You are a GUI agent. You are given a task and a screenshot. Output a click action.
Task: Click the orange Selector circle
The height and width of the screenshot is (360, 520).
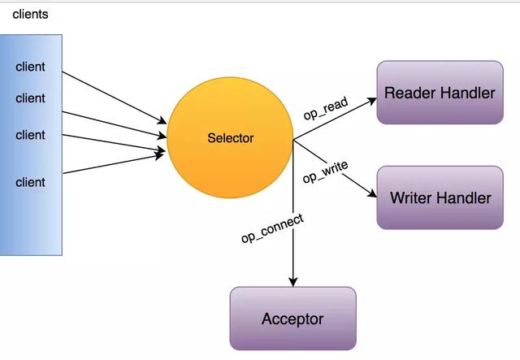pyautogui.click(x=230, y=138)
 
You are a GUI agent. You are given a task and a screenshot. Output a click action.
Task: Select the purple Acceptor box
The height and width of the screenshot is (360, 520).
pyautogui.click(x=292, y=319)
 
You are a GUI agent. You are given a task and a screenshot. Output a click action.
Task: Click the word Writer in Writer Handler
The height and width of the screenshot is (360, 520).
pyautogui.click(x=413, y=197)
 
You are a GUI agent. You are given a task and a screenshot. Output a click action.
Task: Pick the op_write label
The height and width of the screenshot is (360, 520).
pyautogui.click(x=325, y=171)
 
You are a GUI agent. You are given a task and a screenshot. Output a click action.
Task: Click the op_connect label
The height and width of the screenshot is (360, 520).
pyautogui.click(x=272, y=228)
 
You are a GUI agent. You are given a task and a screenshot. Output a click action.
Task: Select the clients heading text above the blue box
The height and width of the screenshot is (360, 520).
pyautogui.click(x=30, y=15)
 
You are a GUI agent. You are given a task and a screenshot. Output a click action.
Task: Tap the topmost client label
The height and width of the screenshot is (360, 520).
pyautogui.click(x=30, y=67)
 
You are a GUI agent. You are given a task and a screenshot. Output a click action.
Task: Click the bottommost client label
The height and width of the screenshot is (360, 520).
pyautogui.click(x=30, y=182)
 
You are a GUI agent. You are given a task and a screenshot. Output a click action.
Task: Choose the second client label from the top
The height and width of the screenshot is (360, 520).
pyautogui.click(x=30, y=98)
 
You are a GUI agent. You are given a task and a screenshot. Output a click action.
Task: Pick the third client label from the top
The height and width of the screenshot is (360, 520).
pyautogui.click(x=30, y=135)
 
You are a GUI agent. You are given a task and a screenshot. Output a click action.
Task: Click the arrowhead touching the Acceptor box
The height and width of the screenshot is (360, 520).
pyautogui.click(x=293, y=280)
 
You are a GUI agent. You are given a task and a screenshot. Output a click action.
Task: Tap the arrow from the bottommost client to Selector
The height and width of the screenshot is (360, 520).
pyautogui.click(x=114, y=161)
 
